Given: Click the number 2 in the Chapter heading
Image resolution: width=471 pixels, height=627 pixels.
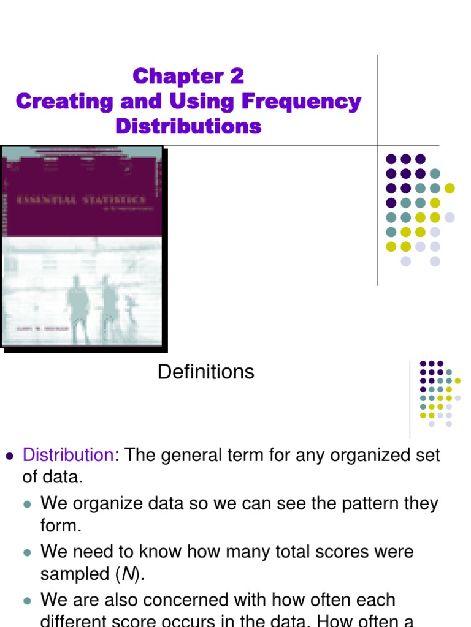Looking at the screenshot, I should pos(237,77).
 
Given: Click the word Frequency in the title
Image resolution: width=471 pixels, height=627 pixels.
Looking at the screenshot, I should pos(306,102).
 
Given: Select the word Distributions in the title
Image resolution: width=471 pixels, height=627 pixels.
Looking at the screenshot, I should pos(188,127).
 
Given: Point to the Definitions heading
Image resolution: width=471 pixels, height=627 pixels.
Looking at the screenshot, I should pos(206,372).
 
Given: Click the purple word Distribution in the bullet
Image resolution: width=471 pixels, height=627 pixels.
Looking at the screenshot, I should pos(68,455).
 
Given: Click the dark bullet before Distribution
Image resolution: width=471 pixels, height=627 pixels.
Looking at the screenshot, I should pos(9,456).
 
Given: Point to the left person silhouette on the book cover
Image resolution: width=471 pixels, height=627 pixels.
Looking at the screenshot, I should pos(78,306).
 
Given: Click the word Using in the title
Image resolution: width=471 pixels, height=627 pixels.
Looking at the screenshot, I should pos(178,102).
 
